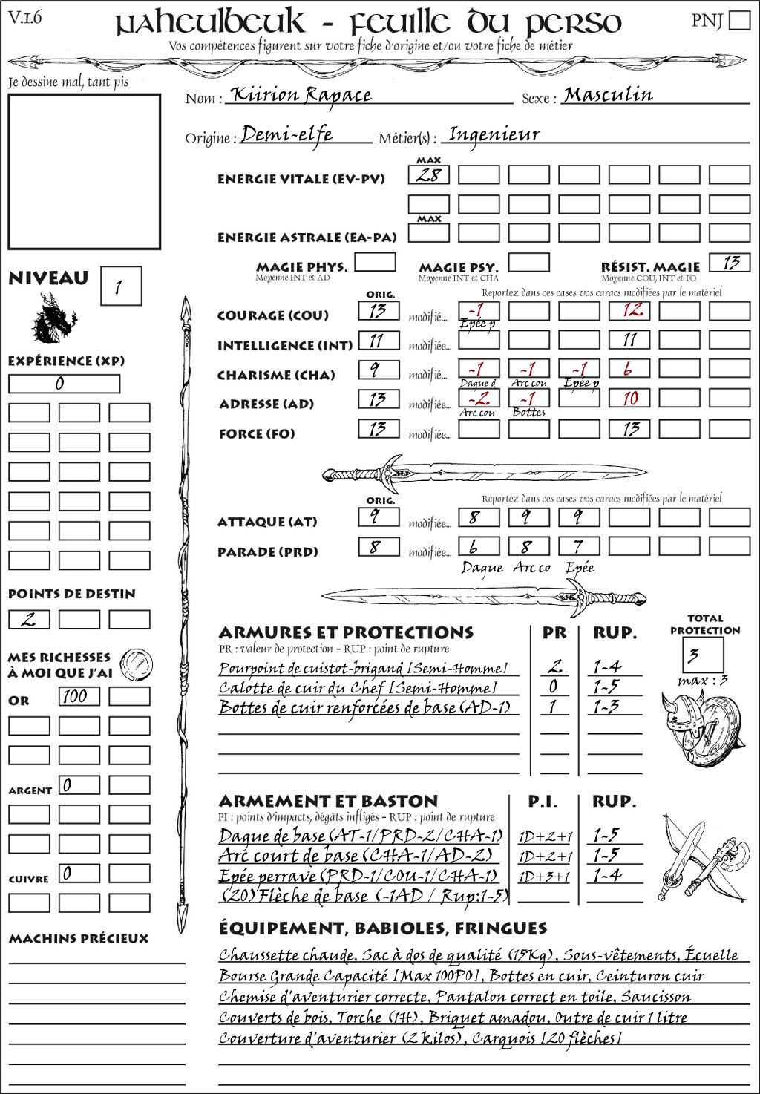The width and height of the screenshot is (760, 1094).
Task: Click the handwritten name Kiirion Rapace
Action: point(301,95)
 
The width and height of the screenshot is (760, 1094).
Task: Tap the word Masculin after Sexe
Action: point(608,95)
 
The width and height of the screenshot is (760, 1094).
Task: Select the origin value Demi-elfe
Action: point(286,135)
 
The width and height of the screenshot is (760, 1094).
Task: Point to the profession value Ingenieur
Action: point(494,135)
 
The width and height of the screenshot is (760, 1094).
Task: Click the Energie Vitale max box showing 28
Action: point(428,175)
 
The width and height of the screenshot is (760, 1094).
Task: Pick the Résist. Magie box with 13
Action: point(730,263)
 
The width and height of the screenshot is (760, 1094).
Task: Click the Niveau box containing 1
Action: point(120,286)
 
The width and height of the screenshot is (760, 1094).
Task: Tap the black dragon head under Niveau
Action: point(53,319)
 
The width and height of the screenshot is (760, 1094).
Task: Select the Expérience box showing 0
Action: point(64,384)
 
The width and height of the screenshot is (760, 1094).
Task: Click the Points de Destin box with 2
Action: point(29,619)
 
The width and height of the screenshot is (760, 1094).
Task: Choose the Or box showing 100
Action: point(79,696)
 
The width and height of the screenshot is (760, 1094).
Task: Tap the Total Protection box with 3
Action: point(702,655)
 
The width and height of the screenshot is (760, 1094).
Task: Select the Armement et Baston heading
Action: point(328,801)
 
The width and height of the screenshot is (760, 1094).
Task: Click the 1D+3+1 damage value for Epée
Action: point(545,877)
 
